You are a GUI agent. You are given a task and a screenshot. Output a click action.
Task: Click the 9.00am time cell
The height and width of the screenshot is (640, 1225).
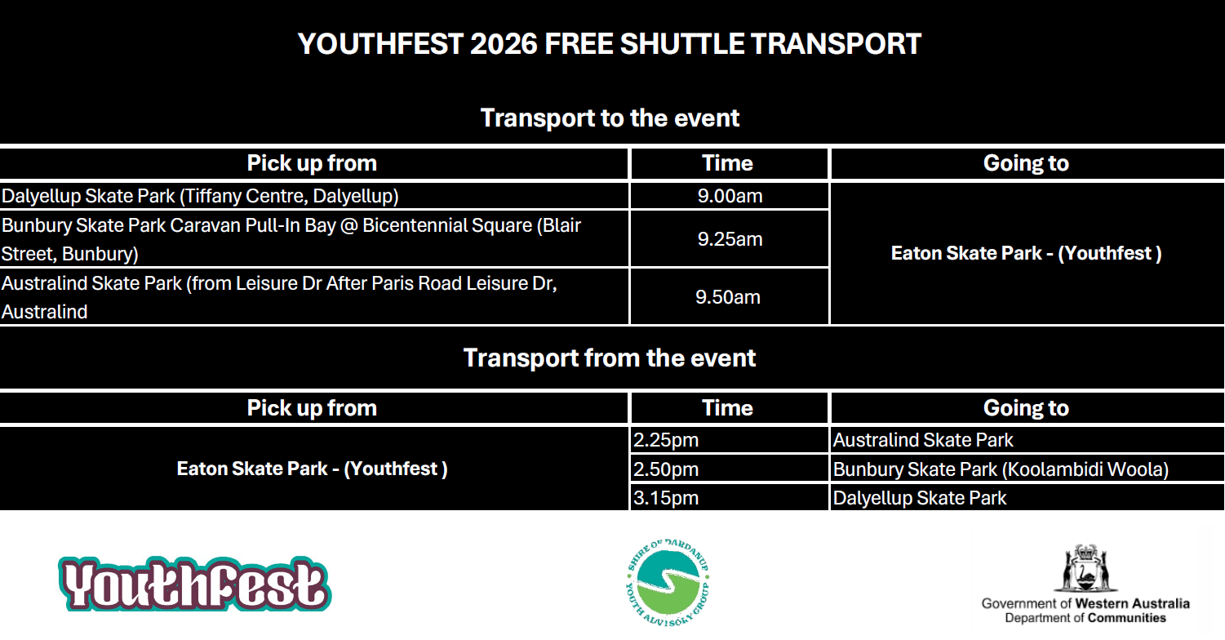pyautogui.click(x=730, y=196)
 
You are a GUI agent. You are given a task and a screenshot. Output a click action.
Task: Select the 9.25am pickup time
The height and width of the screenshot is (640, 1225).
pyautogui.click(x=730, y=239)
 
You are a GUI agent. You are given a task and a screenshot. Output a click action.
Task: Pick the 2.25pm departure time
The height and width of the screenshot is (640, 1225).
pyautogui.click(x=666, y=440)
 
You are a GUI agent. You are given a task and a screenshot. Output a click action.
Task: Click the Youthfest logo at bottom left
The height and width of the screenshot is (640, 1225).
pyautogui.click(x=195, y=584)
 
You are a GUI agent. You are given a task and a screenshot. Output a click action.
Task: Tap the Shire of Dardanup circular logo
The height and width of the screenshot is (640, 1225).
pyautogui.click(x=668, y=583)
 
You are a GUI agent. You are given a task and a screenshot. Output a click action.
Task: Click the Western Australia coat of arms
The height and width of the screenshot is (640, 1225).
pyautogui.click(x=1085, y=568)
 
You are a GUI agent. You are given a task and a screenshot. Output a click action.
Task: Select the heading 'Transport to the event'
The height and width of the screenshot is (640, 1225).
pyautogui.click(x=610, y=118)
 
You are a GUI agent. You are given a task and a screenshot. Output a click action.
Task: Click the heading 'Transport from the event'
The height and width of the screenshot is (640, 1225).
pyautogui.click(x=610, y=358)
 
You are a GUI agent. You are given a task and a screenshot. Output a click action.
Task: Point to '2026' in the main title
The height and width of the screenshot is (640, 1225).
pyautogui.click(x=504, y=44)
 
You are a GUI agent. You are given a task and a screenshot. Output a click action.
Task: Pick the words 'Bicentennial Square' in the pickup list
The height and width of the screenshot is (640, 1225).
pyautogui.click(x=447, y=225)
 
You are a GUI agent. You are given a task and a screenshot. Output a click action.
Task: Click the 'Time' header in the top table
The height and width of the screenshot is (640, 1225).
pyautogui.click(x=727, y=163)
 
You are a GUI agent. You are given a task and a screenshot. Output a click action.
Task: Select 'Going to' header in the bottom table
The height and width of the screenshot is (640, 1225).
pyautogui.click(x=1026, y=408)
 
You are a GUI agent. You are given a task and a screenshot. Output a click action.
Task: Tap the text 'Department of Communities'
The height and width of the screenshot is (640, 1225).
pyautogui.click(x=1085, y=618)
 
